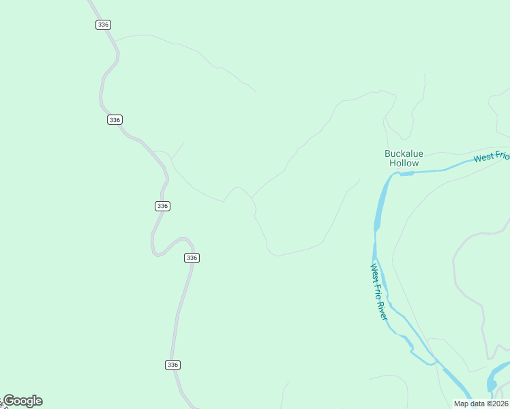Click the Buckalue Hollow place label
(x=404, y=158)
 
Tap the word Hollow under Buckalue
(x=404, y=164)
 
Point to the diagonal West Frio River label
(x=379, y=292)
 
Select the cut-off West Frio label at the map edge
(x=492, y=157)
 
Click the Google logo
(x=22, y=401)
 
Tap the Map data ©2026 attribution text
(x=481, y=404)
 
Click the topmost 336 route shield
(x=103, y=25)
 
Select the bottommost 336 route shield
(x=172, y=365)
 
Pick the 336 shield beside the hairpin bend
(x=192, y=258)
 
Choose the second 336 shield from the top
(x=115, y=119)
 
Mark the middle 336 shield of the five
(x=162, y=206)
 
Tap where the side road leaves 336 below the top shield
(x=116, y=42)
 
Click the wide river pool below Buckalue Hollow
(x=380, y=204)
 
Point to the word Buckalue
(x=404, y=153)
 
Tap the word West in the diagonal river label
(x=374, y=271)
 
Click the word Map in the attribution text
(x=461, y=404)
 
